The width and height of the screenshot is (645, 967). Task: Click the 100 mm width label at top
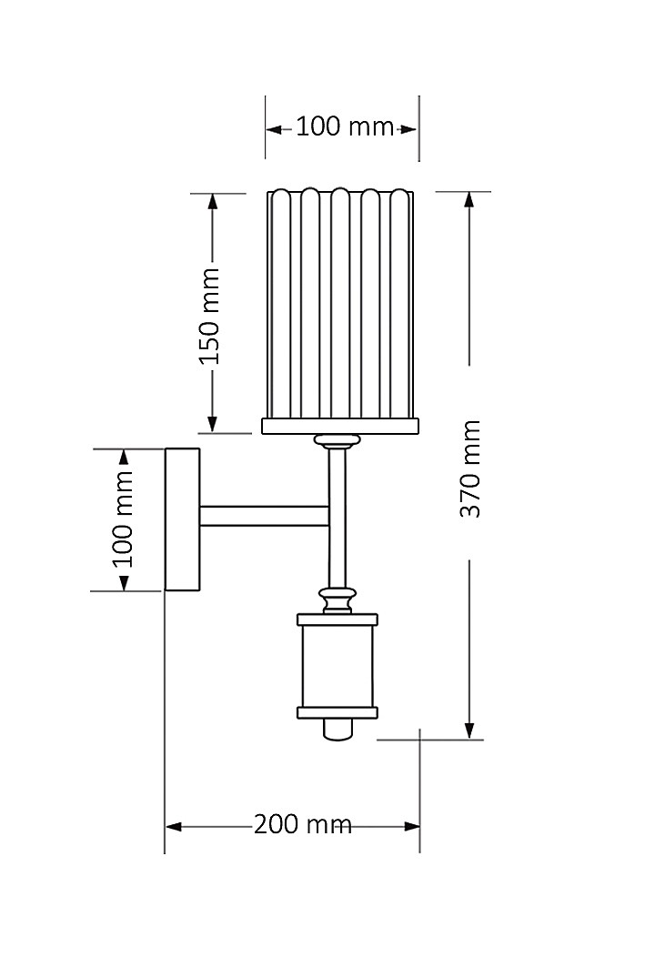pos(343,126)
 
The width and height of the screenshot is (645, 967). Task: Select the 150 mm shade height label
pos(210,315)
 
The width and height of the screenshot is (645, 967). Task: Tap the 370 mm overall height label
pos(469,468)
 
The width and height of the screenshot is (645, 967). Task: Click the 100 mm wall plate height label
pos(123,519)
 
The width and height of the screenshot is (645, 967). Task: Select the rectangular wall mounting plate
pos(182,519)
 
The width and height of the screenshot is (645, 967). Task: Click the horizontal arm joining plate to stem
pos(264,516)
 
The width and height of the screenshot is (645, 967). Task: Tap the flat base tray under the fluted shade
pos(340,426)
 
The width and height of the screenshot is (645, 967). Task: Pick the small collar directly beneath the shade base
pos(338,442)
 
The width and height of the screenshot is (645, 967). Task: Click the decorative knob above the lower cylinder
pos(338,600)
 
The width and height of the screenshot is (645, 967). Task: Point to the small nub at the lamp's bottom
pos(338,729)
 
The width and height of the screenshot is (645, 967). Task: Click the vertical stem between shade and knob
pos(338,519)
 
